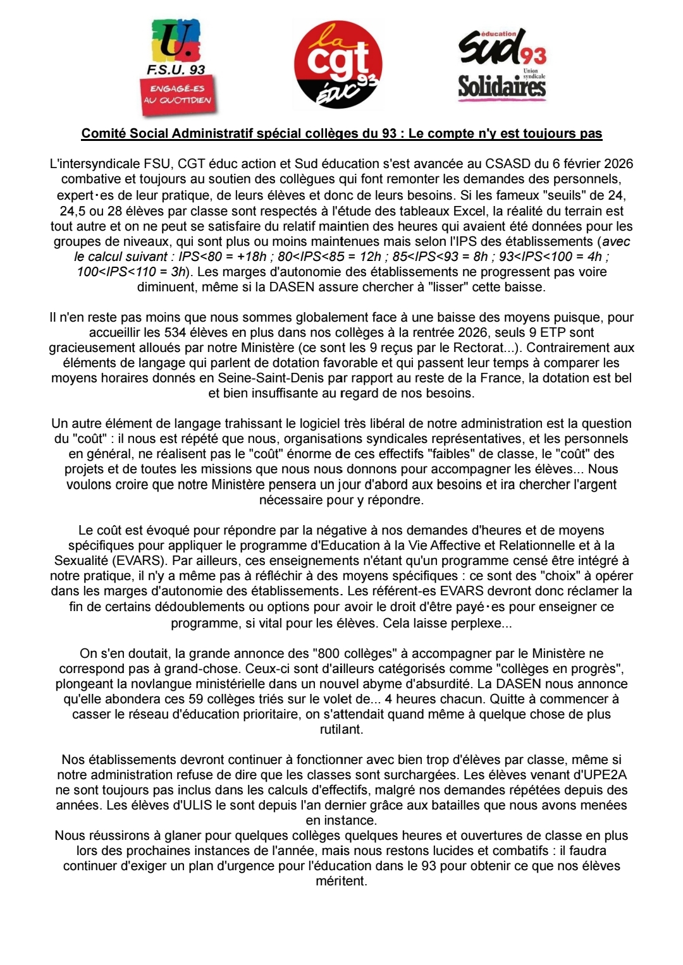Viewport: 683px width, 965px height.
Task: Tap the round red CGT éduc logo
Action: coord(338,64)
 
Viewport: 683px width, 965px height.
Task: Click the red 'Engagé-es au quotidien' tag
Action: coord(178,95)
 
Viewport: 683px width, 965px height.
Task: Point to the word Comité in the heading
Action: coord(103,133)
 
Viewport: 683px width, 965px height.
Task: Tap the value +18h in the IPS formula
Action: coord(251,257)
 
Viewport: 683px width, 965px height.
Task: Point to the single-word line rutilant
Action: coord(341,729)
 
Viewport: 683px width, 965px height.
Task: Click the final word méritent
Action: coord(341,881)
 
